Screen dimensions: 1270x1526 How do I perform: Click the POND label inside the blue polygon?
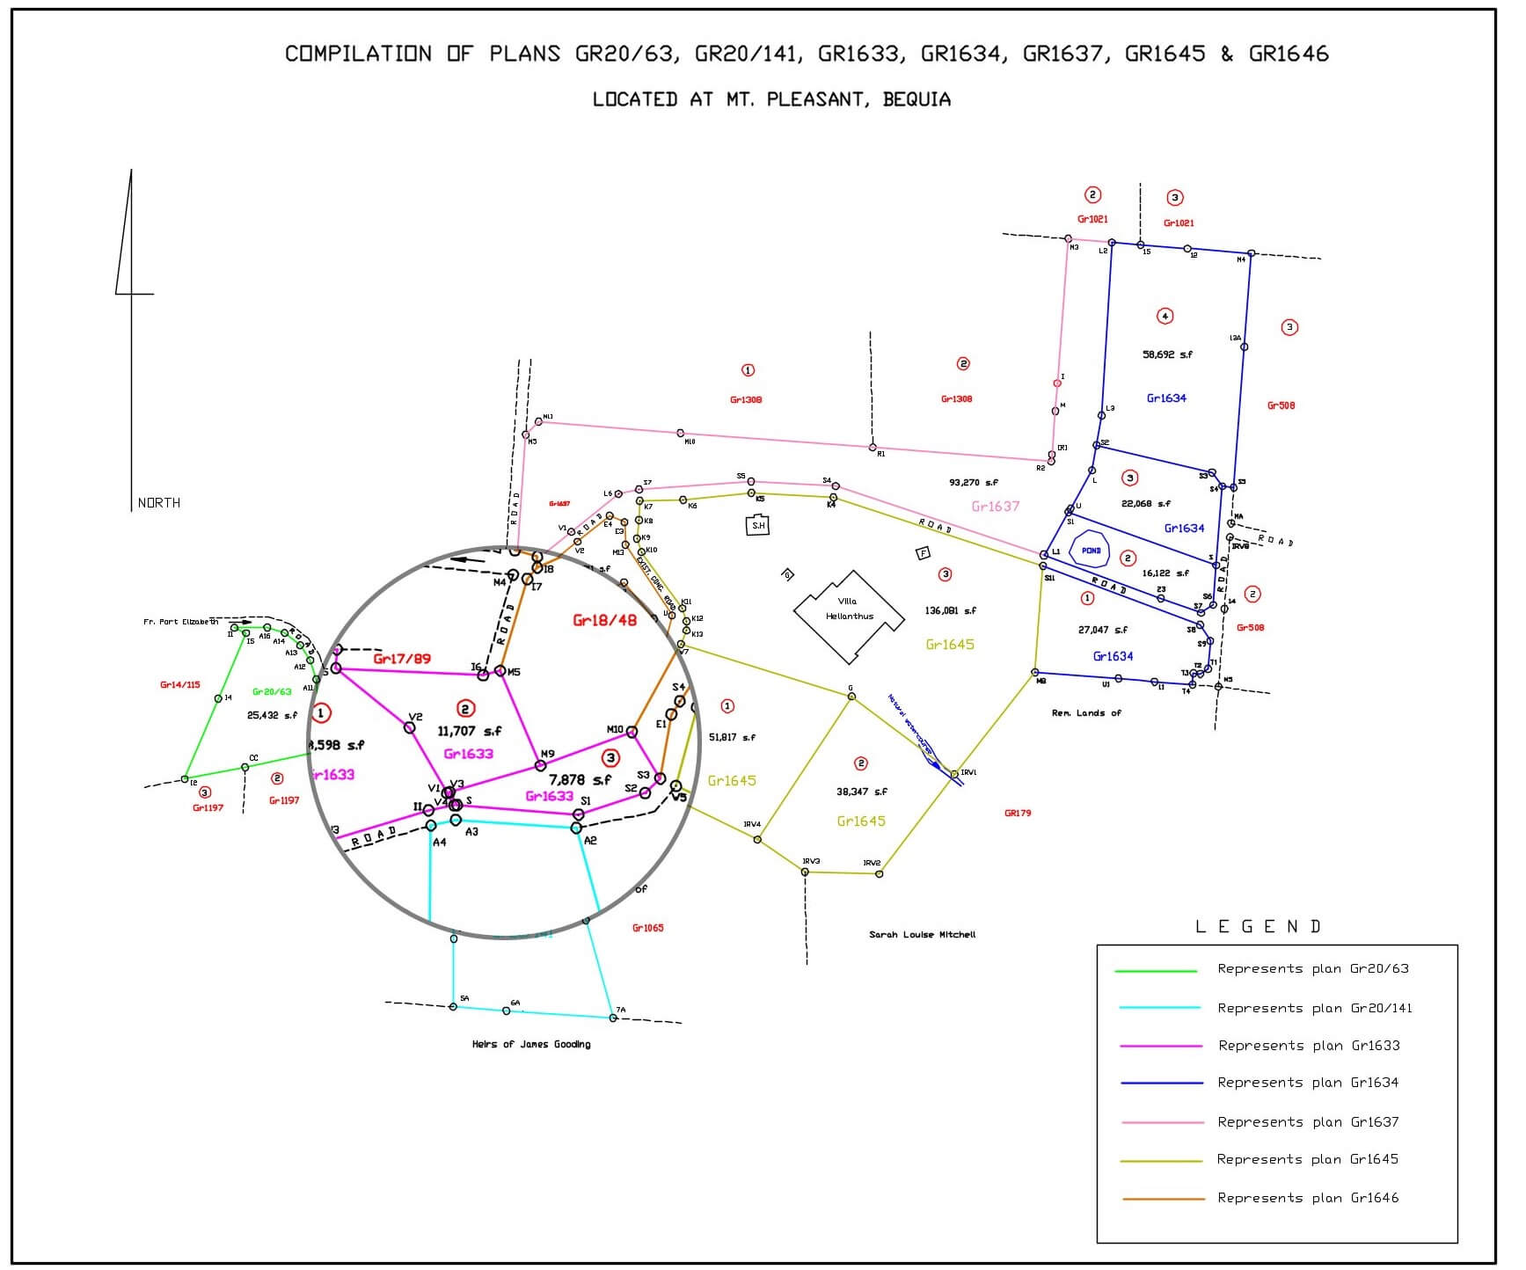point(1091,551)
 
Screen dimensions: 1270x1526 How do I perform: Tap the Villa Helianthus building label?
point(849,609)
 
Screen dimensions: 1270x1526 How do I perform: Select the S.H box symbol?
point(757,526)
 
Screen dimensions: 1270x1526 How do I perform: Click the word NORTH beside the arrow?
point(159,503)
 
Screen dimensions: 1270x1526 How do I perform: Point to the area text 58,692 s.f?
point(1167,354)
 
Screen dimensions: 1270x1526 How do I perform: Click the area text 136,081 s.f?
point(950,610)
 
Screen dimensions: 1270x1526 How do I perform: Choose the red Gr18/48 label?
point(604,620)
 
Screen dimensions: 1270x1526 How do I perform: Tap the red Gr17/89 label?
point(402,659)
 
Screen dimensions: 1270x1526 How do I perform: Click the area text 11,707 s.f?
point(470,731)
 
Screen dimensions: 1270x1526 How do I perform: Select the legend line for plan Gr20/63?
point(1156,971)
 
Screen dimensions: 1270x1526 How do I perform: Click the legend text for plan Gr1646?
point(1307,1198)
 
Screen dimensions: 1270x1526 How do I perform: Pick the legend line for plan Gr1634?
point(1161,1084)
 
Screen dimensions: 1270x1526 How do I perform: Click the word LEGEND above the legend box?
point(1258,927)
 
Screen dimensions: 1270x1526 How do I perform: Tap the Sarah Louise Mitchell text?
point(922,934)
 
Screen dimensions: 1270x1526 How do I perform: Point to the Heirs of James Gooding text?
point(531,1044)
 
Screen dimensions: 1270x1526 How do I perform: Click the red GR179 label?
point(1017,814)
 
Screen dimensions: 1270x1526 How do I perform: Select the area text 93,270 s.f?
point(974,483)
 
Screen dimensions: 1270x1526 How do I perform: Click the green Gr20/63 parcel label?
point(272,692)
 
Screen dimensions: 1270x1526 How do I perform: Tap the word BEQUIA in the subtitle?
point(916,99)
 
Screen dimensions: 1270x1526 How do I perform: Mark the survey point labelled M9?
point(541,765)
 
